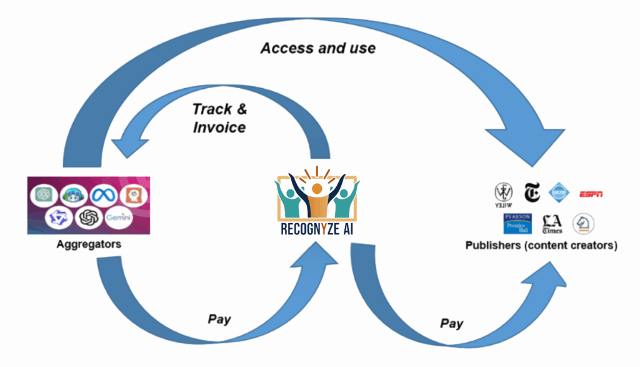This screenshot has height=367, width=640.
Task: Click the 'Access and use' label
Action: pos(318,48)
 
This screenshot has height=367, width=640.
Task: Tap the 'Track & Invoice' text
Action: pos(219,118)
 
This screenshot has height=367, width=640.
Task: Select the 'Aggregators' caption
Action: pos(89,244)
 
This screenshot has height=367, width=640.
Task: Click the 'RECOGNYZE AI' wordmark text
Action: pos(317,229)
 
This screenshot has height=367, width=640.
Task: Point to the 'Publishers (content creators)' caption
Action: pos(541,245)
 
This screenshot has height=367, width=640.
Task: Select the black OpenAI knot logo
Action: pos(87,218)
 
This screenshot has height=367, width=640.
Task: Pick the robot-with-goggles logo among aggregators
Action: pos(73,194)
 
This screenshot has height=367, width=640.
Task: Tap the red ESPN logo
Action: pos(591,194)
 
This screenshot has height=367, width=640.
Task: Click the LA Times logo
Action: pos(552,223)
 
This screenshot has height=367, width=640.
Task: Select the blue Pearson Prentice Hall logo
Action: pos(517,223)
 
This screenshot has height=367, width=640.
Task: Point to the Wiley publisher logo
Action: pos(504,193)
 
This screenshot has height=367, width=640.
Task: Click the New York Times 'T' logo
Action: pos(532,193)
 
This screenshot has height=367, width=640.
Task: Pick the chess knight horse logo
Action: pos(584,223)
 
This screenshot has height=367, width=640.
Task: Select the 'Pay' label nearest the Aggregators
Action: pos(219,319)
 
